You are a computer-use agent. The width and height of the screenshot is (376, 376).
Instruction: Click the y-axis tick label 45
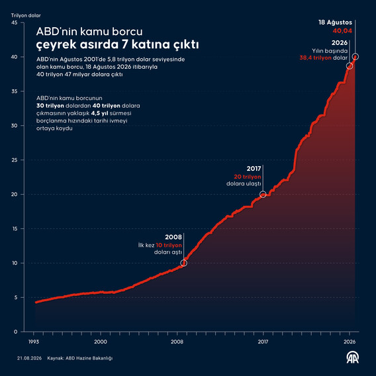[15, 23]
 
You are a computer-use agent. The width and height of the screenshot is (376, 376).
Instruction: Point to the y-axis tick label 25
[15, 160]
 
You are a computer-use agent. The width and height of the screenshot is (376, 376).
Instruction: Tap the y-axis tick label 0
[16, 332]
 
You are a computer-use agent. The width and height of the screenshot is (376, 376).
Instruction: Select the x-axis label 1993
[34, 342]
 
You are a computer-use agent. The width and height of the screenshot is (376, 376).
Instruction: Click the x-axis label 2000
[101, 342]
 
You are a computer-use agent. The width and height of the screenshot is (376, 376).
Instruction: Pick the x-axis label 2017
[263, 342]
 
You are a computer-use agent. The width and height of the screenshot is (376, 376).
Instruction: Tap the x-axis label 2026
[350, 342]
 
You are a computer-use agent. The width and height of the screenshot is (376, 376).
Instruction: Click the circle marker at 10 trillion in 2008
[183, 263]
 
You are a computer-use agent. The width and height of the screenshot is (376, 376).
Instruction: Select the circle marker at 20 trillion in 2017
[263, 195]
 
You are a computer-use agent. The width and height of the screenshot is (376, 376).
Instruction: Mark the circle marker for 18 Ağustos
[355, 56]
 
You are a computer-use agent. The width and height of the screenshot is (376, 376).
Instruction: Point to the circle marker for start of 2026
[350, 66]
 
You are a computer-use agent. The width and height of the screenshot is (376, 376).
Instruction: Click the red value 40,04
[342, 30]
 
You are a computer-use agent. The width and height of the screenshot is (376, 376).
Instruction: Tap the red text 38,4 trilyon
[315, 58]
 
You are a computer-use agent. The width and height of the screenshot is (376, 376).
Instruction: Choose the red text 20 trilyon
[248, 177]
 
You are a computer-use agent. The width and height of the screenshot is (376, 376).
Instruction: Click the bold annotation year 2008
[173, 237]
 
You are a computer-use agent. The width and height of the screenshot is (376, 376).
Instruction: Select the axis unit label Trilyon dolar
[26, 16]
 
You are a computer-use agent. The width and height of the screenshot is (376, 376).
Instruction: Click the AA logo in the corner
[352, 357]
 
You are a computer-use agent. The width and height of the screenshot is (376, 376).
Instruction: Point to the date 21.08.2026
[29, 358]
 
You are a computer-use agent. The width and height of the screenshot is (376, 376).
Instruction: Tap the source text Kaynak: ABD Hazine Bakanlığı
[80, 358]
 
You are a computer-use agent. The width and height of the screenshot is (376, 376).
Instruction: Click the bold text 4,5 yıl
[99, 113]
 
